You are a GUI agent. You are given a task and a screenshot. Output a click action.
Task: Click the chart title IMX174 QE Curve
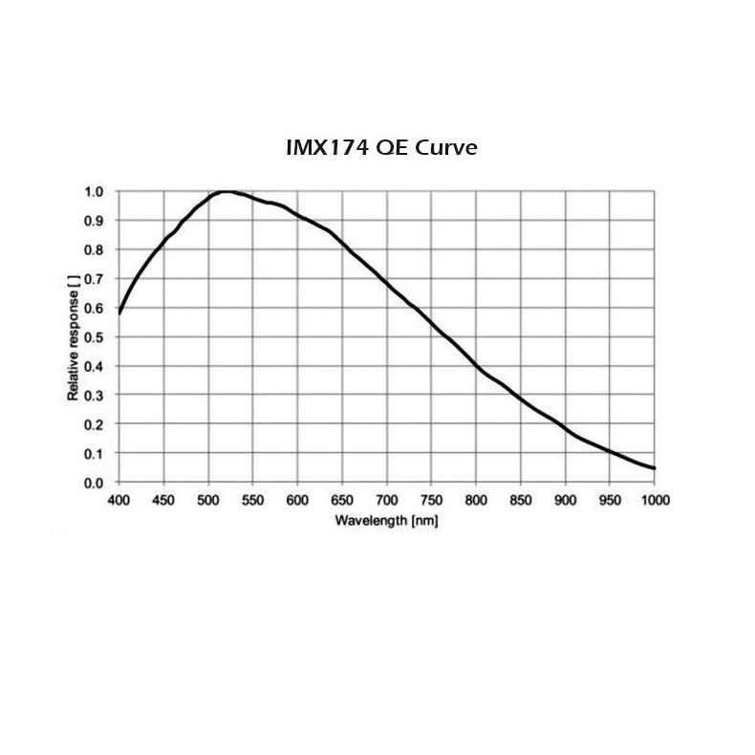click(381, 149)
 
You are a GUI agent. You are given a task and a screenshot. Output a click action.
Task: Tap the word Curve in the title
click(444, 149)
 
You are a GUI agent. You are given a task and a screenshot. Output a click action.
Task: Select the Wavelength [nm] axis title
click(386, 520)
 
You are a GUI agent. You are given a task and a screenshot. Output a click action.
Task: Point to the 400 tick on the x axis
click(119, 500)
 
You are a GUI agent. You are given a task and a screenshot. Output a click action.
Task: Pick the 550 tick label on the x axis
click(252, 500)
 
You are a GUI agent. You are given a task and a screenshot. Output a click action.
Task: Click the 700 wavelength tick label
click(386, 500)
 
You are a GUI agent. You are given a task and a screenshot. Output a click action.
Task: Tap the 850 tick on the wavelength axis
click(521, 500)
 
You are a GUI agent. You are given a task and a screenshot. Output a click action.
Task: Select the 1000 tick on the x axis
click(655, 500)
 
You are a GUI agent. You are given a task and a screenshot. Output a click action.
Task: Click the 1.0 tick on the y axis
click(96, 191)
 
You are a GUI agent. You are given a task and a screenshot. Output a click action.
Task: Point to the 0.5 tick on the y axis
click(96, 336)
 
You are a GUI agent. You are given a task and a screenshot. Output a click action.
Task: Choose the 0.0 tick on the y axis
click(96, 483)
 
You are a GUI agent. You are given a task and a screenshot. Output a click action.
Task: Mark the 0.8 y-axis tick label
click(96, 249)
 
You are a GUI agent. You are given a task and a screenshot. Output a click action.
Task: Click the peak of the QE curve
click(226, 191)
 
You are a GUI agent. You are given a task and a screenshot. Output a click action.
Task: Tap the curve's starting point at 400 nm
click(119, 313)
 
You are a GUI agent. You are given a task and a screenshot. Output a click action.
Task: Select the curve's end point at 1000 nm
click(655, 468)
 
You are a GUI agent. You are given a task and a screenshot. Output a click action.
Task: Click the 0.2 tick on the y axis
click(96, 424)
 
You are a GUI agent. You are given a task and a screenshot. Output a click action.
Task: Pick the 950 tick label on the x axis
click(610, 500)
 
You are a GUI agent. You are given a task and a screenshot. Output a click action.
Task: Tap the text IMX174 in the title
click(320, 149)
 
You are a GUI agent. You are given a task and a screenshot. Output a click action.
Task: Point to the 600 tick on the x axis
click(297, 500)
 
